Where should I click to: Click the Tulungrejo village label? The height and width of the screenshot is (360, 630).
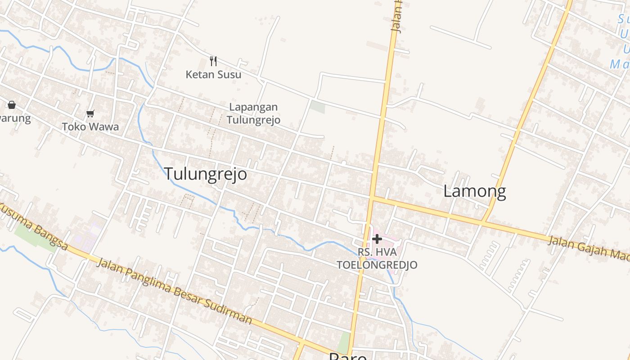coord(205,174)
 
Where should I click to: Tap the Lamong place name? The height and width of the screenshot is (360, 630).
coord(474,191)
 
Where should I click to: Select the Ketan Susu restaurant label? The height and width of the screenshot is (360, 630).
coord(213,74)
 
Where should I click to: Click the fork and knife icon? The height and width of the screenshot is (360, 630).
coord(213,61)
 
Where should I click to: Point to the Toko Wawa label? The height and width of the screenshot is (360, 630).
coord(90,126)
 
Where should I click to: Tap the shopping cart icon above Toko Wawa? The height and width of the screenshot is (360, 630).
coord(90,113)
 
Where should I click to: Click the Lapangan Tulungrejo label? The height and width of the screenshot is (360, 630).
coord(253,113)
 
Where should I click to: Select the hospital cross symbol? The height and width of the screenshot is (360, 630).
coord(377,239)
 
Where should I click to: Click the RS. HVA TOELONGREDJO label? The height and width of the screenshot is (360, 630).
coord(377,258)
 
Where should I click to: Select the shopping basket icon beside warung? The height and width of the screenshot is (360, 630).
coord(12,105)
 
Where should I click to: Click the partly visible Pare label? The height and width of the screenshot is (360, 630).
coord(347,356)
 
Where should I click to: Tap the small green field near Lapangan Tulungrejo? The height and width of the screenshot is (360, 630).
coord(317,107)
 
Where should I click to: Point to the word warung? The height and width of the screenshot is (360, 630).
coord(15,118)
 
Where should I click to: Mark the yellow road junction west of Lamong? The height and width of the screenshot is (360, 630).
coord(373,198)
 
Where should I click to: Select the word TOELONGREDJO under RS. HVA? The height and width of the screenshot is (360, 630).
coord(377,265)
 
